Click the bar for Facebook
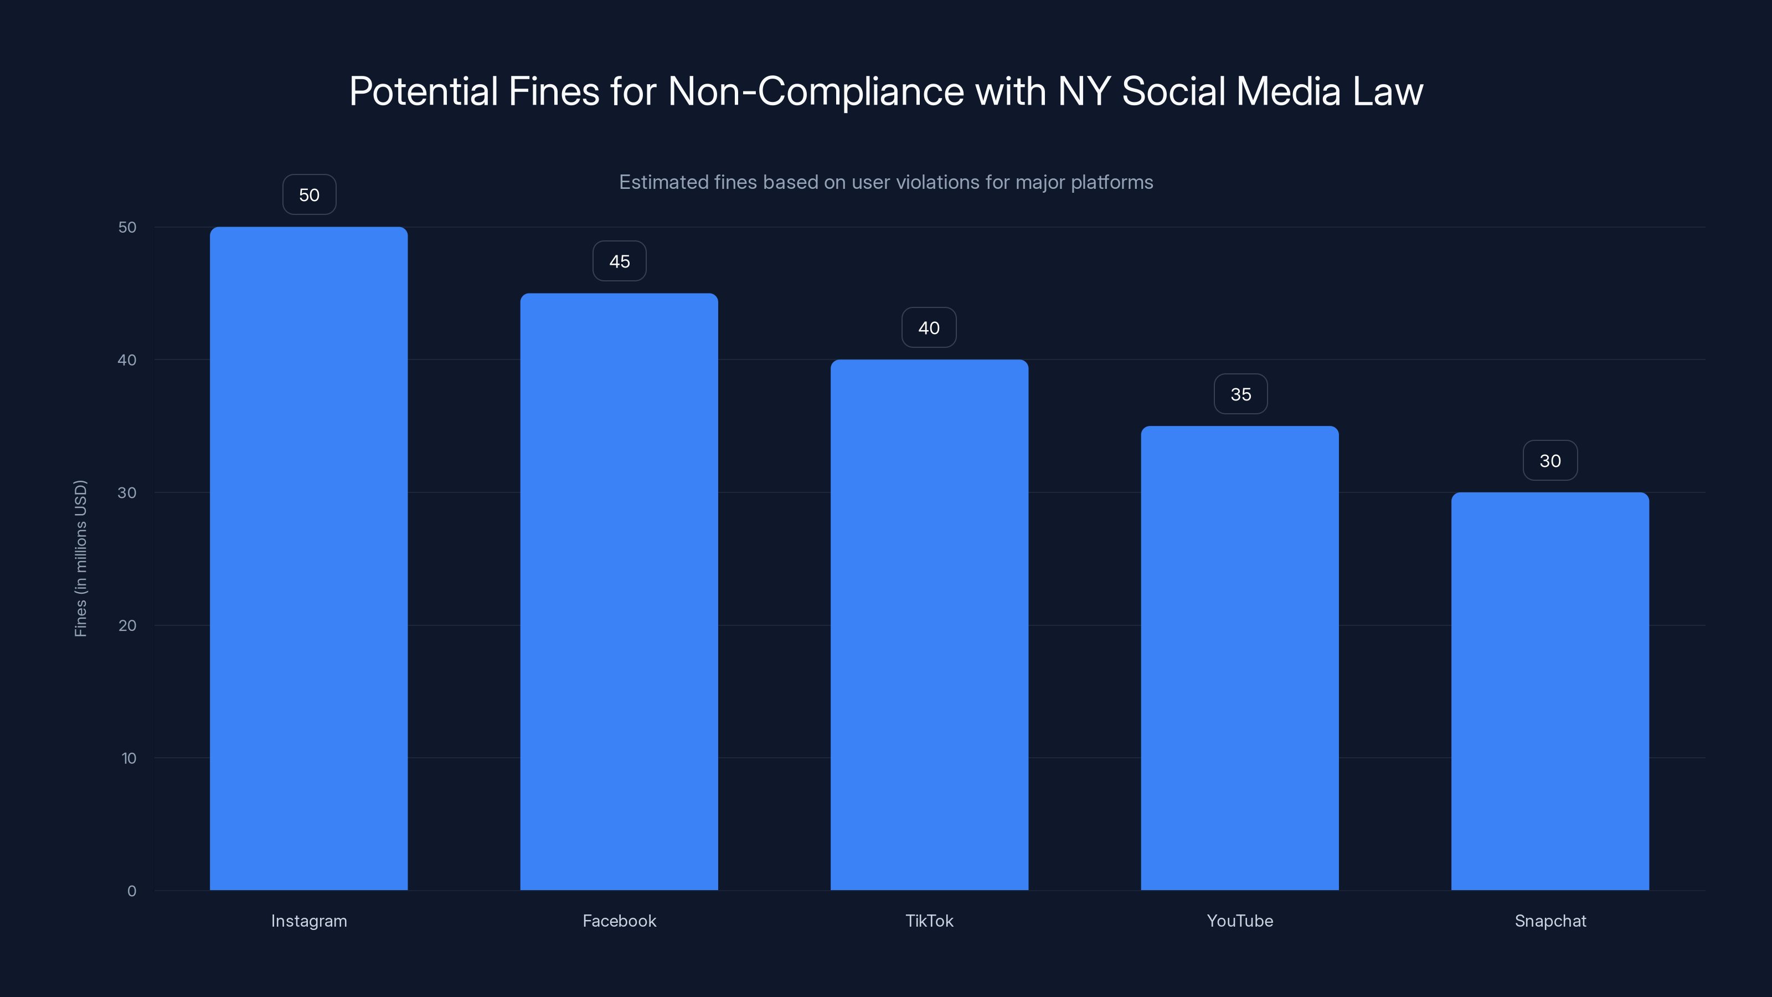coord(619,592)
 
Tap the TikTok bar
coord(929,625)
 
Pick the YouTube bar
coord(1240,658)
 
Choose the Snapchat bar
coord(1550,691)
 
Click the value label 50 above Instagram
coord(309,195)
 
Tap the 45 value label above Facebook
coord(619,261)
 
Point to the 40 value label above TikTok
coord(929,327)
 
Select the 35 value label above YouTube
coord(1240,394)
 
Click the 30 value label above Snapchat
coord(1550,460)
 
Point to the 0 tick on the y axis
coord(131,891)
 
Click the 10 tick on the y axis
coord(128,758)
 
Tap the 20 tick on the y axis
coord(127,625)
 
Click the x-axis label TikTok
coord(929,921)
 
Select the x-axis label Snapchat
coord(1550,921)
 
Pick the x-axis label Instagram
coord(309,921)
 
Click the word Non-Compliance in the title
coord(816,91)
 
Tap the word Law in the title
coord(1388,91)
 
